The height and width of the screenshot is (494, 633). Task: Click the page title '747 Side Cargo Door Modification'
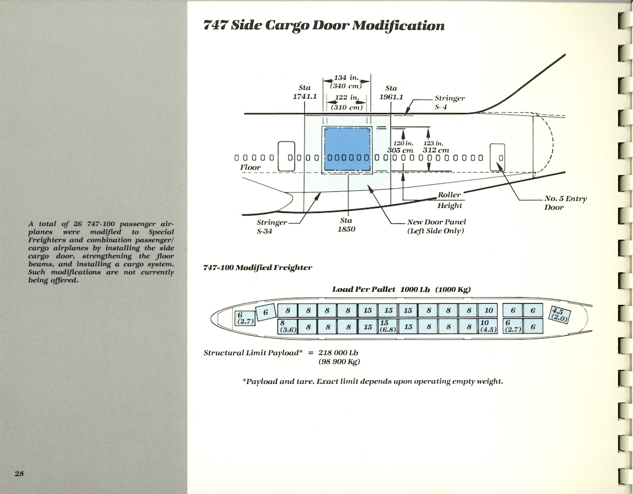(324, 26)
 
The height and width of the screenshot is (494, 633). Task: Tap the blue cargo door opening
(347, 147)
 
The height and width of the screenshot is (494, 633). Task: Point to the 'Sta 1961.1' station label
(391, 92)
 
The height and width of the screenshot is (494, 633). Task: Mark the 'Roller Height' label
(450, 200)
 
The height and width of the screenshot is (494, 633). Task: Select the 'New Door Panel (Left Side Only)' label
(436, 226)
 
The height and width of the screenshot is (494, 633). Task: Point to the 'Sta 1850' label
(346, 224)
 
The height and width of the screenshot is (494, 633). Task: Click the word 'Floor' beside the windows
(250, 167)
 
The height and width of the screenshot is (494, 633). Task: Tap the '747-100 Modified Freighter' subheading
(258, 267)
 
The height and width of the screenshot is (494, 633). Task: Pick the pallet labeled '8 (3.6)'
(287, 326)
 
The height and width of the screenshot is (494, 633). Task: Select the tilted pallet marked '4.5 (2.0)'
(560, 314)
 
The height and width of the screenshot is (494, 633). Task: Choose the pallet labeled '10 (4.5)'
(488, 326)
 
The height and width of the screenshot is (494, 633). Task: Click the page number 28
(19, 474)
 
